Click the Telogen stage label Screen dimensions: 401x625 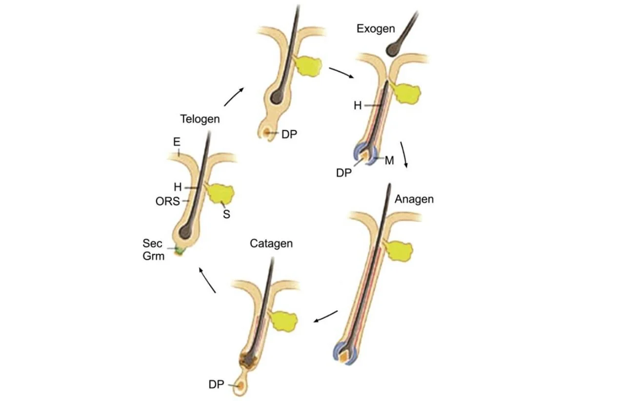coord(200,119)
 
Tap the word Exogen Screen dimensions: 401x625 coord(375,29)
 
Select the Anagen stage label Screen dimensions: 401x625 coord(414,199)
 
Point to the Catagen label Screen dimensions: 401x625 coord(271,243)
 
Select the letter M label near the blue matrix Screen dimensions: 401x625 coord(389,160)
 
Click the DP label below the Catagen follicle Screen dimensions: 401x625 coord(216,384)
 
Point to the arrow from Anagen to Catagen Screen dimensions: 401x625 coord(325,316)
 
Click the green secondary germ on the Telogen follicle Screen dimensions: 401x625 coord(181,250)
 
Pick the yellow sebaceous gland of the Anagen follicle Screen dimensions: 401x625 coord(400,251)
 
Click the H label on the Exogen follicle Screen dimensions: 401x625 coord(358,106)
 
